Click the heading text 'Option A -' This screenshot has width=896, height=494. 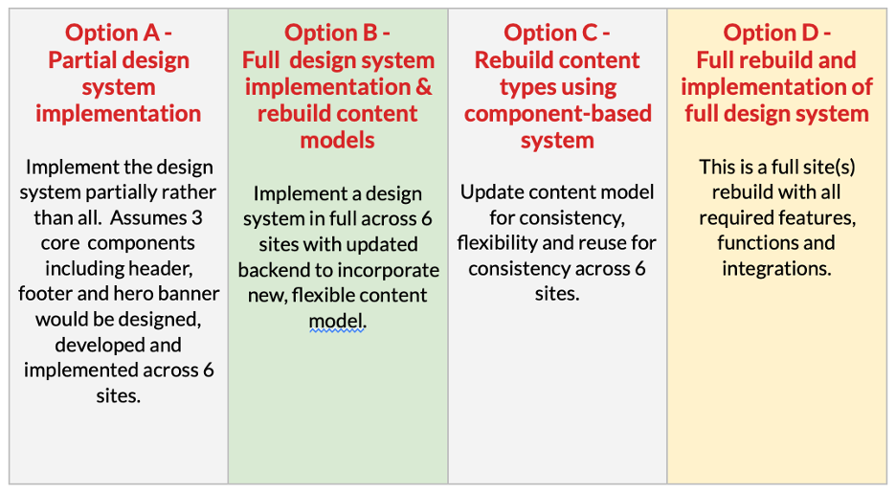pyautogui.click(x=119, y=34)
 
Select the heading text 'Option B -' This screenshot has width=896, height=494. pyautogui.click(x=337, y=34)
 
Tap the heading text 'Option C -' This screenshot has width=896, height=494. pyautogui.click(x=557, y=34)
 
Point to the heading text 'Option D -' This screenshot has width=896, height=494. pyautogui.click(x=776, y=34)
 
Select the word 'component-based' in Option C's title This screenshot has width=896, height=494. pyautogui.click(x=557, y=114)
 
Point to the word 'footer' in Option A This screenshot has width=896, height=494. pyautogui.click(x=45, y=294)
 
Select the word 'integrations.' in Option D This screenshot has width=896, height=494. pyautogui.click(x=776, y=269)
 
